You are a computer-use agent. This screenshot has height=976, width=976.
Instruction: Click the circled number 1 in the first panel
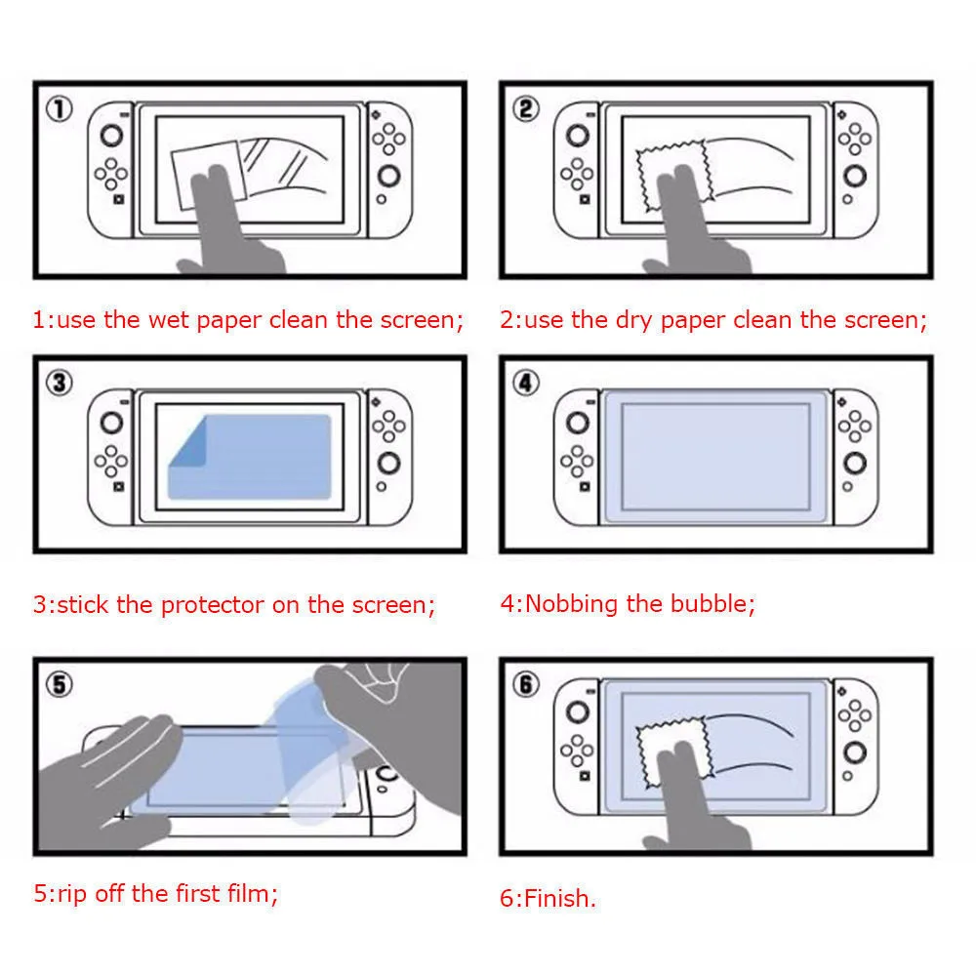[x=61, y=109]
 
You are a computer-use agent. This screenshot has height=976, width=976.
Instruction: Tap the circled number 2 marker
[x=526, y=109]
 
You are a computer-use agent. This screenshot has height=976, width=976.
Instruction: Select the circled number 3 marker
[x=61, y=383]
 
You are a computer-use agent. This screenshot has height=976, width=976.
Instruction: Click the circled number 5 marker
[x=61, y=685]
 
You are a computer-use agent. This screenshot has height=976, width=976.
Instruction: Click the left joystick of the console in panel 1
[x=113, y=136]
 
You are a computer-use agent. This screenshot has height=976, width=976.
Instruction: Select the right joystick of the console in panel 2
[x=856, y=177]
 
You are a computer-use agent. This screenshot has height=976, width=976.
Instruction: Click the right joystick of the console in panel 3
[x=389, y=463]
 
